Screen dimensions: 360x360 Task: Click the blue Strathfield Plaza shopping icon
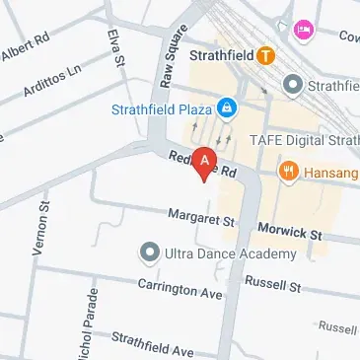coord(228,107)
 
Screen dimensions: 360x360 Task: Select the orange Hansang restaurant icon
coord(289,170)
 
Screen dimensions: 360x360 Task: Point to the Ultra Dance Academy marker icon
coord(149,253)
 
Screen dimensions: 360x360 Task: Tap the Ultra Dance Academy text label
coord(230,253)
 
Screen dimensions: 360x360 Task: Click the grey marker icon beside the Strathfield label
coord(292,85)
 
